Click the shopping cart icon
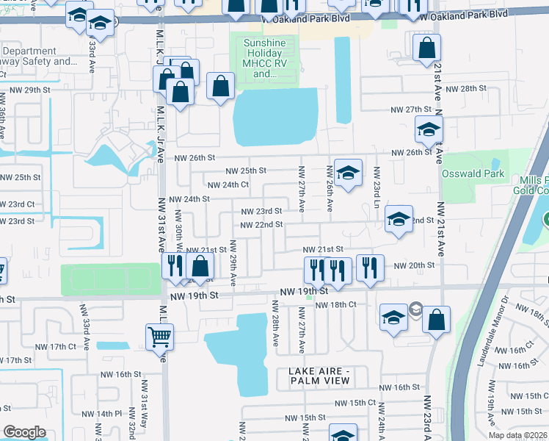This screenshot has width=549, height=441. tap(159, 337)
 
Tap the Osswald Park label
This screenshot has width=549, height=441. tap(473, 174)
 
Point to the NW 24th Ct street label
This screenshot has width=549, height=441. tap(228, 185)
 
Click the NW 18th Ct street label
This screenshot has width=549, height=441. tap(335, 304)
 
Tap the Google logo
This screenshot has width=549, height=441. tap(24, 432)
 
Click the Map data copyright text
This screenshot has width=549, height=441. tap(517, 435)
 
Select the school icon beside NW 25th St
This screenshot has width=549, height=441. tap(348, 173)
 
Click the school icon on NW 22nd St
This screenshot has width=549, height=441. tap(399, 220)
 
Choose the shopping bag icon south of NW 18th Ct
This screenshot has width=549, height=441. tap(436, 320)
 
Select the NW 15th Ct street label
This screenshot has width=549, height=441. tap(355, 403)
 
